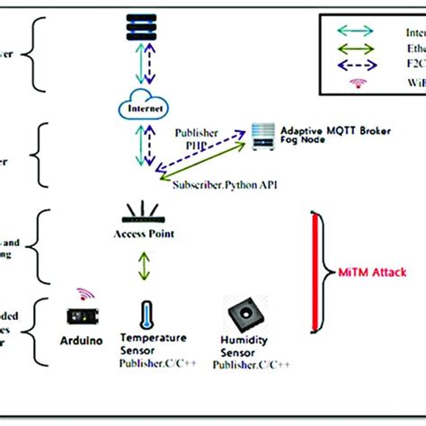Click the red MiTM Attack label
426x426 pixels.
click(x=372, y=270)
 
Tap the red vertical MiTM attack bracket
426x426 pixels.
click(x=315, y=270)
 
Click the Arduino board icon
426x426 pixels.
click(x=84, y=317)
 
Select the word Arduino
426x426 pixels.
click(x=82, y=342)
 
